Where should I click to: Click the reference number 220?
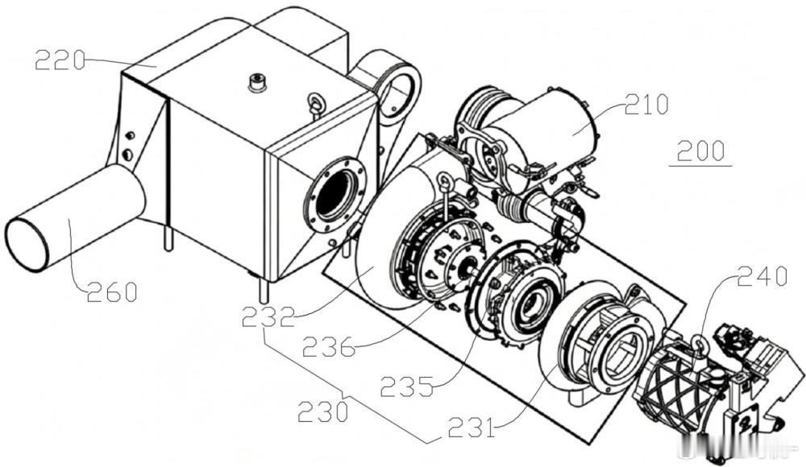click(60, 60)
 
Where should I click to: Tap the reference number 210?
click(646, 105)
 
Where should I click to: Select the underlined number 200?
click(701, 151)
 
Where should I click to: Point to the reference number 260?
click(111, 291)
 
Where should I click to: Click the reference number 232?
click(268, 317)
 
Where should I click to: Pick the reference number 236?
click(329, 347)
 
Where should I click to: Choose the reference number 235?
click(406, 386)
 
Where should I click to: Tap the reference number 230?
click(323, 411)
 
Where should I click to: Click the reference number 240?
click(762, 277)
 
